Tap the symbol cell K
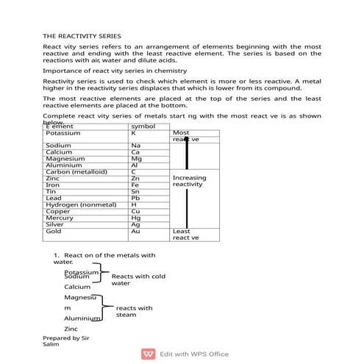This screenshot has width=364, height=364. pos(134,133)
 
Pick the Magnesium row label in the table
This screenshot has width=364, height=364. pos(65,159)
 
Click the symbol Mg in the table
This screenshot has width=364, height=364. pos(136,159)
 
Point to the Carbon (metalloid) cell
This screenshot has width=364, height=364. pos(76,172)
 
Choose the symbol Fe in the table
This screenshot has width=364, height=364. pos(135,185)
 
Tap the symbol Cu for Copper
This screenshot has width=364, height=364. pos(135,211)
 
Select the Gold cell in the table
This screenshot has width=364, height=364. pos(54,231)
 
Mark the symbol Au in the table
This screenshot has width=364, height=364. pos(135,231)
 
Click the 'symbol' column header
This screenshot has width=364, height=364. pos(143,126)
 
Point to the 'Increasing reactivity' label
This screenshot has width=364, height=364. pos(190,181)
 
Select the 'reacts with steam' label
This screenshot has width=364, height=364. pos(134,311)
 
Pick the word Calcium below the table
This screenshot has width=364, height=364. pos(77,287)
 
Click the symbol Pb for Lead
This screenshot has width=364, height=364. pos(135,198)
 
